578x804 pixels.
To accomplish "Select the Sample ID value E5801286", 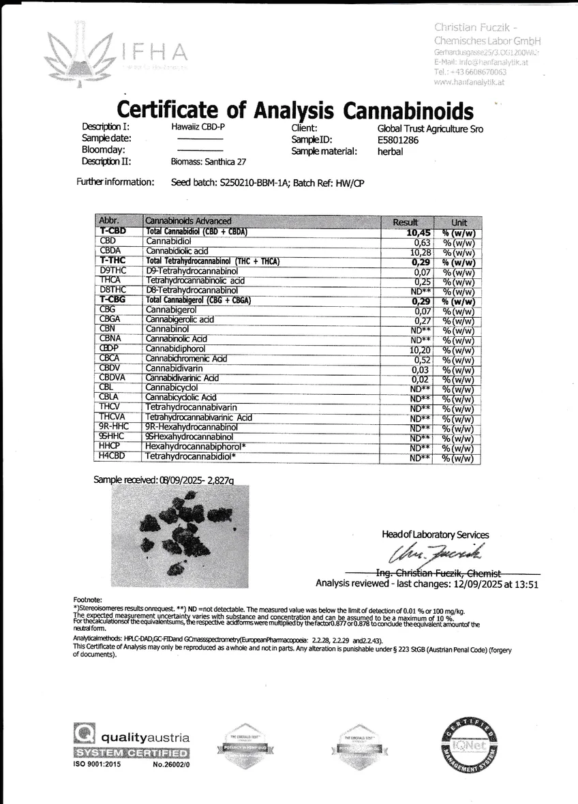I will (398, 140).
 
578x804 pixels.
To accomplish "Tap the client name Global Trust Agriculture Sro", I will (430, 128).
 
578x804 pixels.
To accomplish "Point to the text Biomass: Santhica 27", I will (209, 162).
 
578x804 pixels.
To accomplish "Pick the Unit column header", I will (459, 222).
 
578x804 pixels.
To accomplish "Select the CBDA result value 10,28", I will (420, 252).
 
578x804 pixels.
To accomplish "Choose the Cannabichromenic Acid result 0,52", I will (423, 359).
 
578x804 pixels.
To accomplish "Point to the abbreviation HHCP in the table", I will (110, 446).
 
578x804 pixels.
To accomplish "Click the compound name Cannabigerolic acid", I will (181, 320).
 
